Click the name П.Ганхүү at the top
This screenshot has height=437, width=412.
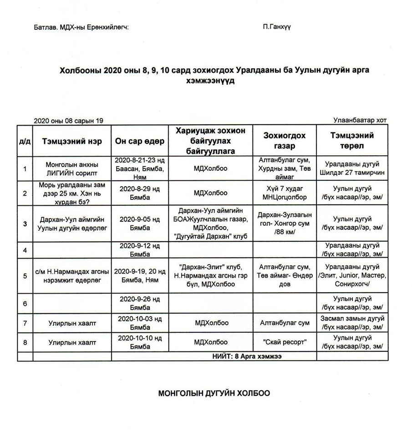[277, 27]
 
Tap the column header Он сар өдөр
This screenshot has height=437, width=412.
[140, 141]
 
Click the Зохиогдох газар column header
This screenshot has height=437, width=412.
[284, 141]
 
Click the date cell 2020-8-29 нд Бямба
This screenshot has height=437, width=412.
[140, 193]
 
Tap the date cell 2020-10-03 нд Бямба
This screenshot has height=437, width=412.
[140, 323]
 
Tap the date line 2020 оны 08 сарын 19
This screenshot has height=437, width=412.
[69, 121]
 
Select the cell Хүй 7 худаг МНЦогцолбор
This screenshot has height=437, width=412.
[284, 193]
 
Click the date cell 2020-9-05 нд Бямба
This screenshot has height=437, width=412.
[140, 224]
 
